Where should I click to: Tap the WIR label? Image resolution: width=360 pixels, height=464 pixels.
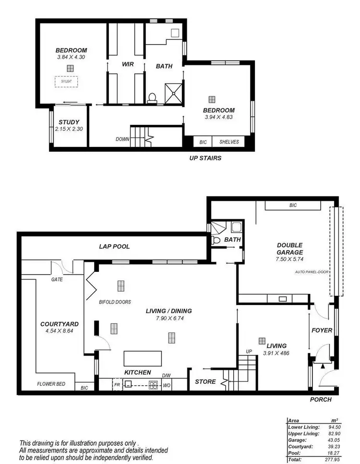coord(127,64)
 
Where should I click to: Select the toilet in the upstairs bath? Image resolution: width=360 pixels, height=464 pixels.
coord(152,98)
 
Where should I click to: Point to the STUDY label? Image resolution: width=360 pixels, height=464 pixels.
coord(69,122)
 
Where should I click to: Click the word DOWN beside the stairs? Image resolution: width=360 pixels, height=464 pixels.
coord(122,139)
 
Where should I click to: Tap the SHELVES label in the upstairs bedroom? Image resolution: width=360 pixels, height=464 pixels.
coord(229,142)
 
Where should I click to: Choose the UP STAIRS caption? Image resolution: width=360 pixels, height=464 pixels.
coord(205,158)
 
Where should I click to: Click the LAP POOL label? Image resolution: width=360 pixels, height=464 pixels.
coord(114,246)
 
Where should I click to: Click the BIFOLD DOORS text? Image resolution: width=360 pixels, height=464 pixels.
coord(115,302)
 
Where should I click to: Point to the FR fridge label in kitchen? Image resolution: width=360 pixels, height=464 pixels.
coord(117,384)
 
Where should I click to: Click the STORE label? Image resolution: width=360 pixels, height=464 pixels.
coord(204,382)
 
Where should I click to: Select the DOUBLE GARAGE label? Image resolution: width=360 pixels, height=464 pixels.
coord(289,248)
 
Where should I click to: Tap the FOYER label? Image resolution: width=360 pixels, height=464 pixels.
coord(322,330)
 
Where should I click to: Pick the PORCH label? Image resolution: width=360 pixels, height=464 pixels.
coord(321,399)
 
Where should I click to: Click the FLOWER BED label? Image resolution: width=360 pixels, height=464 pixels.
coord(51,384)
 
